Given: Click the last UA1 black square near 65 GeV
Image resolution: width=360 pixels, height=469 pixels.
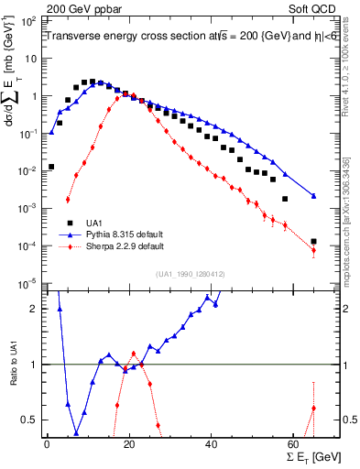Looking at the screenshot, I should click(313, 242).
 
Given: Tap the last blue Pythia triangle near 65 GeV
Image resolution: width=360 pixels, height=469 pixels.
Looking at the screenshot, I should click(313, 195).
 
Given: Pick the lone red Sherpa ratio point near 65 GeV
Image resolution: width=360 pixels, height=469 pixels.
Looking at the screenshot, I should click(313, 409).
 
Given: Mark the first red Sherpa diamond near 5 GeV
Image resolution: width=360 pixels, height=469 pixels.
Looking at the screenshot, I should click(68, 200).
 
